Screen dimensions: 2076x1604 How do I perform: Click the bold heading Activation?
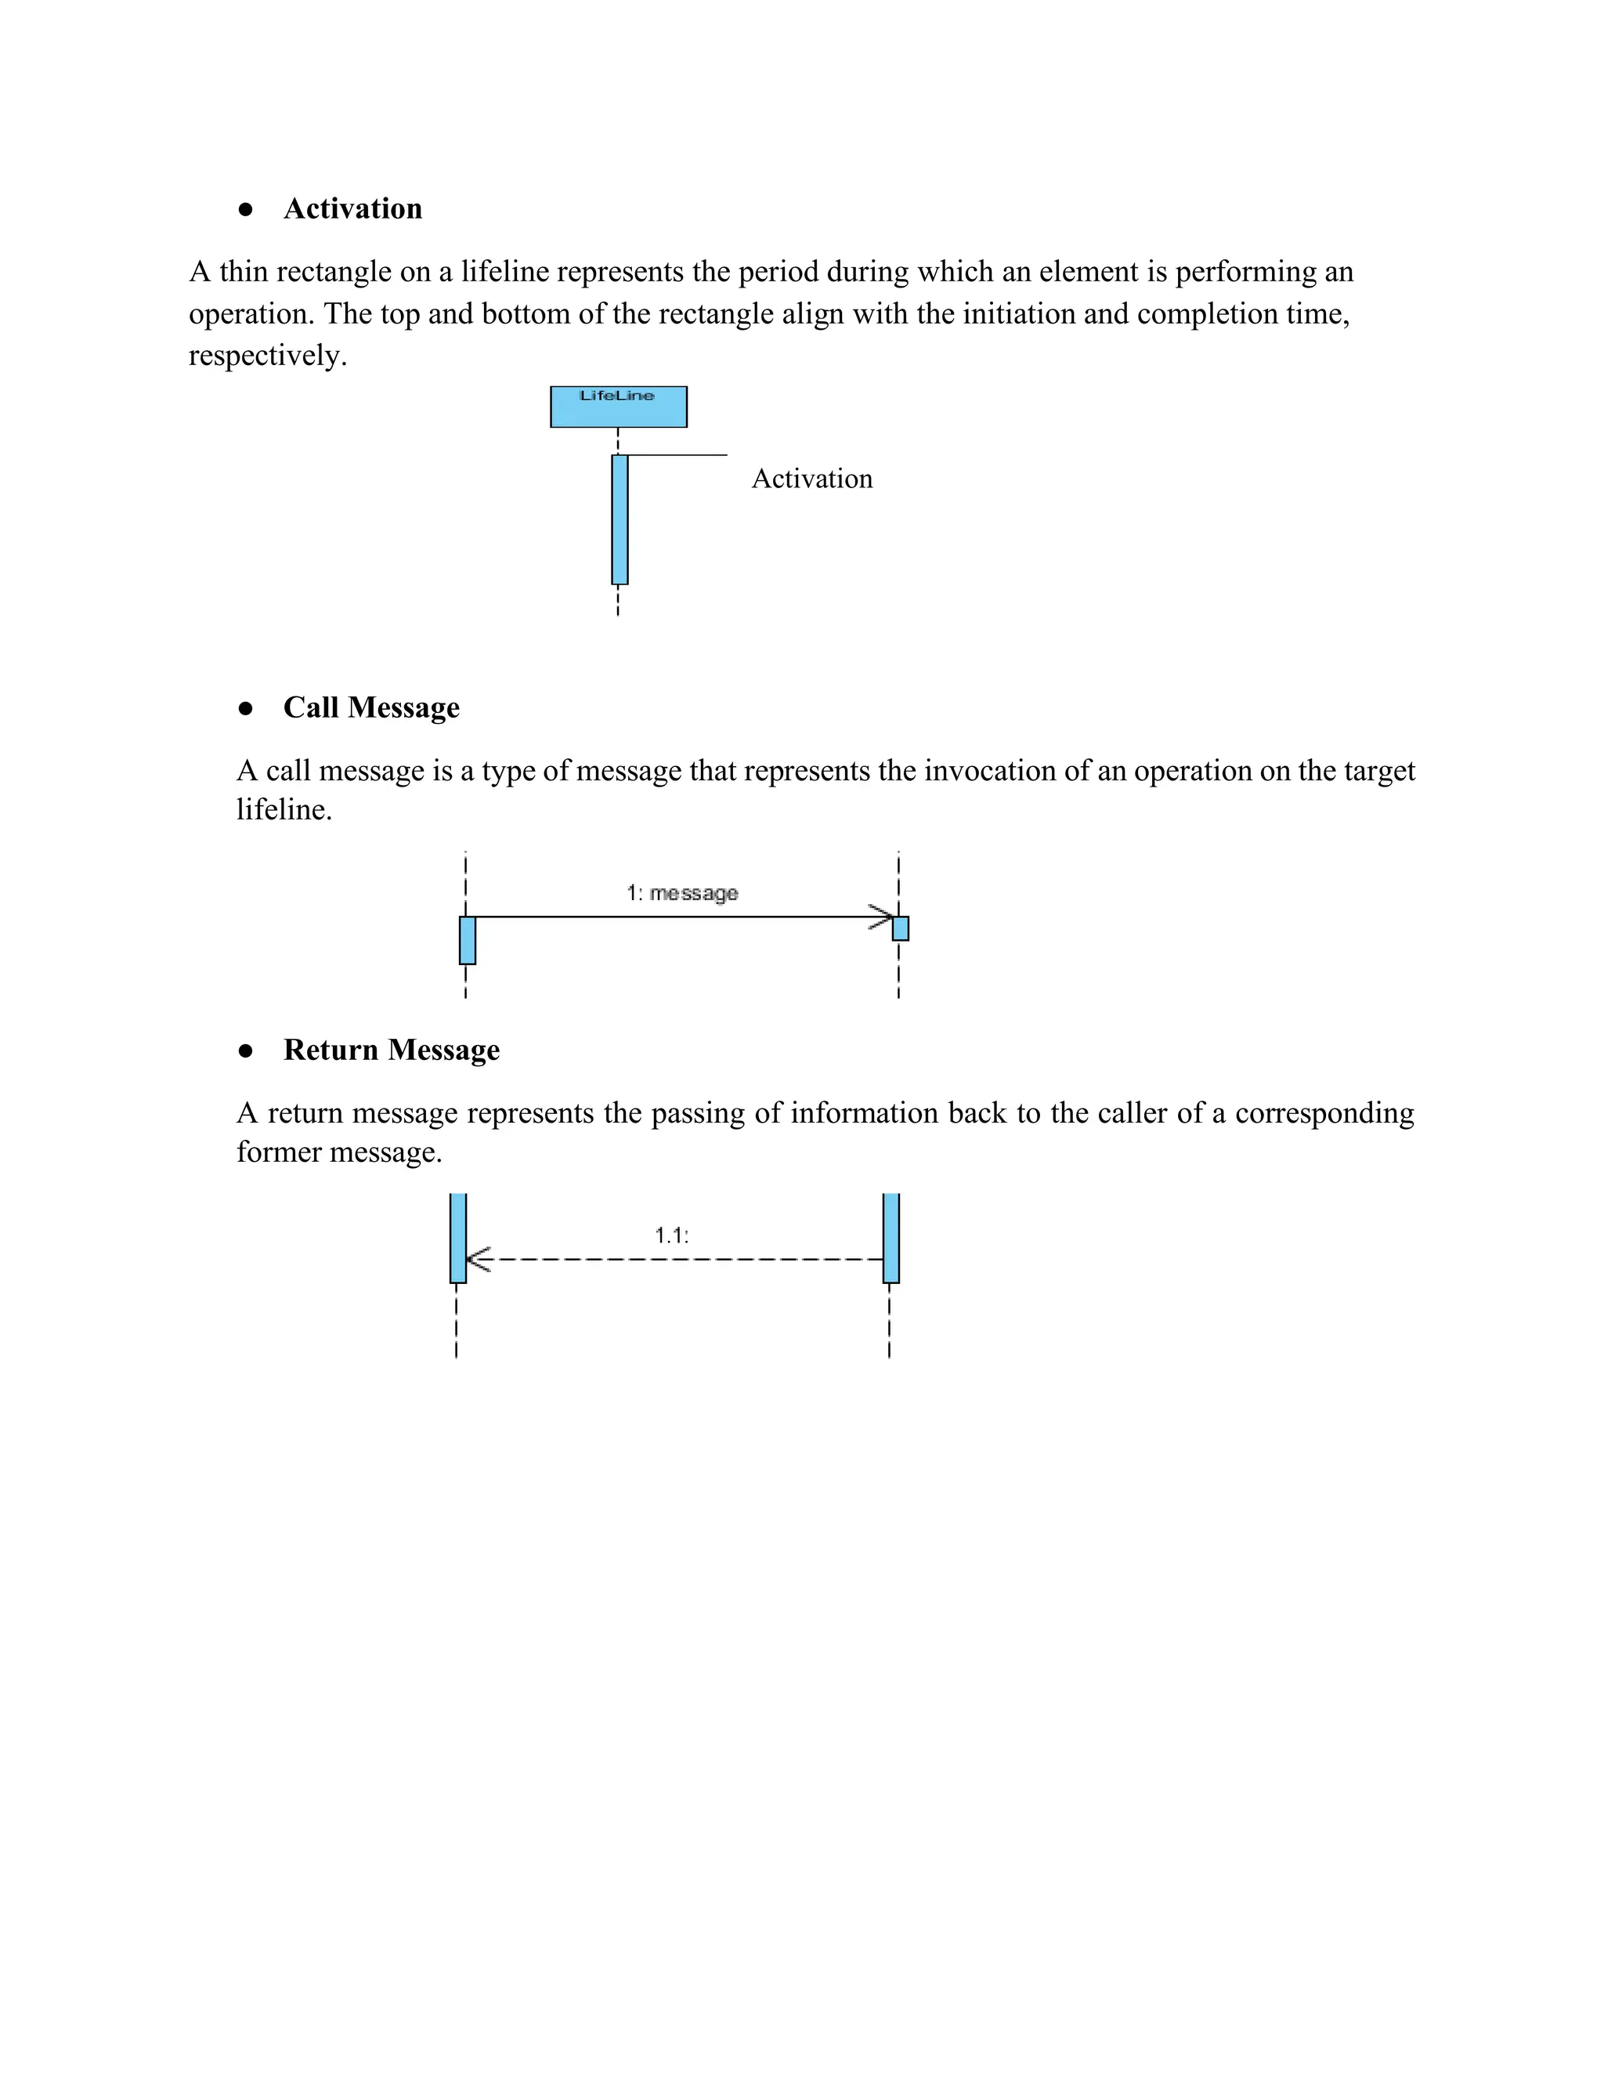(x=352, y=208)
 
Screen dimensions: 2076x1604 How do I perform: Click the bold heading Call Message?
(x=370, y=707)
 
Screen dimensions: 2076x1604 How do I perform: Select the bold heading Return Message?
(x=391, y=1050)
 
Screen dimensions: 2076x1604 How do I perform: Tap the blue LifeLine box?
(x=618, y=407)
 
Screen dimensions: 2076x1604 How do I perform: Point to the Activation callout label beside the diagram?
(x=811, y=478)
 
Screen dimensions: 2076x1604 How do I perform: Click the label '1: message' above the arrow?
(x=681, y=892)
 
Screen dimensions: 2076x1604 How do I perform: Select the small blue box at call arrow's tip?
(x=901, y=928)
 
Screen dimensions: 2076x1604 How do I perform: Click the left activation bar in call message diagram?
(x=468, y=940)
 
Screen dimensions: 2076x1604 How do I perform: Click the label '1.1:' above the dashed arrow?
(x=671, y=1235)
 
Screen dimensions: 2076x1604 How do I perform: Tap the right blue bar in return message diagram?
(x=891, y=1238)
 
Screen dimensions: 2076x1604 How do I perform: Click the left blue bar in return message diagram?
(x=458, y=1238)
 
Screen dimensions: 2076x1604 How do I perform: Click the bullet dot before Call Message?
(x=246, y=708)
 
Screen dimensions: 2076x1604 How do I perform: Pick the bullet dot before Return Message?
(x=246, y=1051)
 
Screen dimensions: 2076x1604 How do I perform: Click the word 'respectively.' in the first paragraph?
(x=267, y=356)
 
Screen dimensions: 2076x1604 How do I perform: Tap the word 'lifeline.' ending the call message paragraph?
(x=284, y=810)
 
